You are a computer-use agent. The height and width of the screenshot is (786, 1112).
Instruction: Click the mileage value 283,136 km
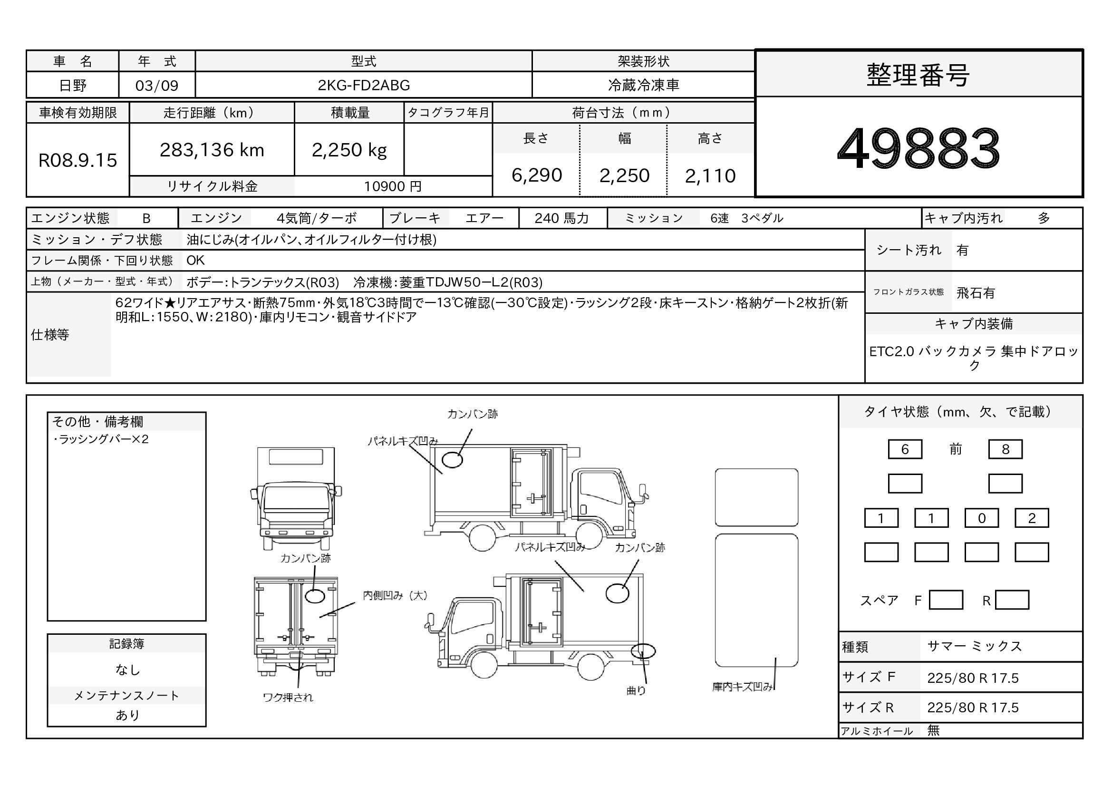[x=212, y=150]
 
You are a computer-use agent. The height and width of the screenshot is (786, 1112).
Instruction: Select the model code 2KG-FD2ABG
[x=364, y=85]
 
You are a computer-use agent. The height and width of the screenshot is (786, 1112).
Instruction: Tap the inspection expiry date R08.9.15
[x=77, y=160]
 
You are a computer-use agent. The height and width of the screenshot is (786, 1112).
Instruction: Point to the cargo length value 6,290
[x=537, y=175]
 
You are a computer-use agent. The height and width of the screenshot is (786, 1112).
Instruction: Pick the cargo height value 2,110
[x=710, y=176]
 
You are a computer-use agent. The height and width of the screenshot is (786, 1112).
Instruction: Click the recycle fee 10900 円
[x=393, y=186]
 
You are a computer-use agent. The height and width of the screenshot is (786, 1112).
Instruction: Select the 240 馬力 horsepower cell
[x=562, y=218]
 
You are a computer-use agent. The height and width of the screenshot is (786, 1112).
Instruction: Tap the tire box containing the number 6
[x=905, y=449]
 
